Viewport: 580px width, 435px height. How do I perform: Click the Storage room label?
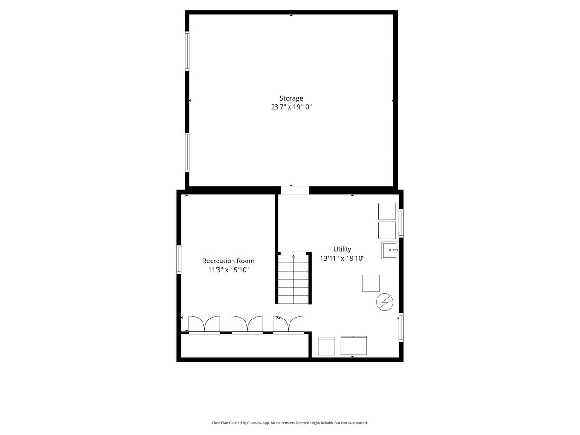click(x=291, y=98)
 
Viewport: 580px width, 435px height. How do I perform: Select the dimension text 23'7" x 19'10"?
click(x=291, y=107)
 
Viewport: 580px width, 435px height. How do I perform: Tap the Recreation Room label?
click(x=228, y=261)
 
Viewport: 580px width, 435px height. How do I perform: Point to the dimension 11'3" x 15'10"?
click(x=228, y=270)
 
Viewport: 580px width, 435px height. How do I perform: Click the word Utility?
click(x=342, y=249)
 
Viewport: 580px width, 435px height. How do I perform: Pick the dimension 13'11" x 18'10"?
click(x=342, y=258)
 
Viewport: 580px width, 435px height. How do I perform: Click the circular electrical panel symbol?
click(x=384, y=302)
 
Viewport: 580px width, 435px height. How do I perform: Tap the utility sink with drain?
click(x=390, y=250)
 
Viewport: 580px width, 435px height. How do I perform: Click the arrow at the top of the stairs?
click(x=293, y=257)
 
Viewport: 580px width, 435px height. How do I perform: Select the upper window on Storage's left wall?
click(x=187, y=51)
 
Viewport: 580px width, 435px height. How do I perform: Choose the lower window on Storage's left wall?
click(x=187, y=153)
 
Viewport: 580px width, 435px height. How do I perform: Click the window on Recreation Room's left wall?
click(x=179, y=259)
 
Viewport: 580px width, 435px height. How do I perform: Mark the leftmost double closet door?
click(x=204, y=325)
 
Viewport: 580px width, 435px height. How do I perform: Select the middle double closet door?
click(x=247, y=325)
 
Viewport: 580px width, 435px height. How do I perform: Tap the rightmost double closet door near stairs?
click(x=288, y=325)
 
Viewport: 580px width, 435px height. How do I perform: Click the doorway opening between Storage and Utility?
click(x=295, y=190)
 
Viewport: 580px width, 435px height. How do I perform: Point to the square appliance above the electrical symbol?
click(x=371, y=283)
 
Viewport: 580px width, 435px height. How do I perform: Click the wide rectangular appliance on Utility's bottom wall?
click(x=353, y=346)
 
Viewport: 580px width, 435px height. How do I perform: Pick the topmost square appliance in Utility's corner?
click(x=387, y=211)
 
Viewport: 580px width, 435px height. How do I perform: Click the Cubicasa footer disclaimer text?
click(x=290, y=423)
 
